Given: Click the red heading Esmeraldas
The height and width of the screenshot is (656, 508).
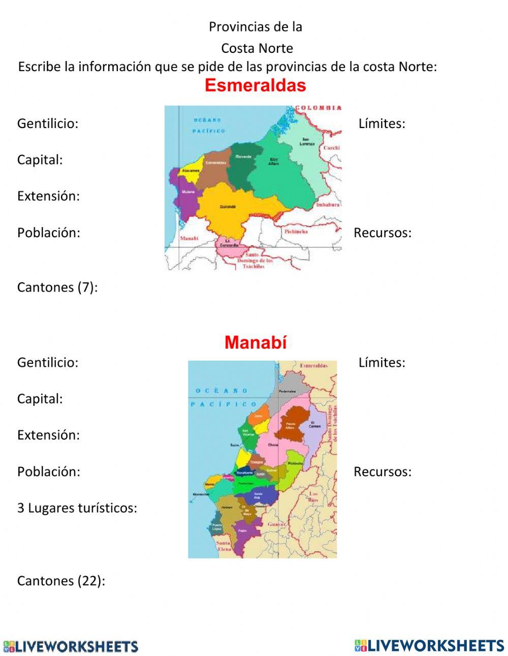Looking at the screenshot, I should [x=255, y=85].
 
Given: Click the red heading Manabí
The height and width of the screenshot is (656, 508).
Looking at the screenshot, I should [x=256, y=342].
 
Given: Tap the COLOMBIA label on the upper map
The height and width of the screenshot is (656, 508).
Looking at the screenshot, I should [x=319, y=108].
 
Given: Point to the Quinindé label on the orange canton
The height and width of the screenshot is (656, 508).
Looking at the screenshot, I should [x=228, y=207].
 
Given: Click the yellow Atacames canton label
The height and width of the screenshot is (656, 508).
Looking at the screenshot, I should [x=191, y=171].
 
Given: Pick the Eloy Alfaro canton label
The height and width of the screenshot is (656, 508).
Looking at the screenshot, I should [x=274, y=161].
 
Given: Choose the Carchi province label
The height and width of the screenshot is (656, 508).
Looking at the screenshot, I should [x=332, y=147].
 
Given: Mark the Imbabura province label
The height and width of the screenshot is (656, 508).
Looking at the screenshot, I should [x=328, y=205].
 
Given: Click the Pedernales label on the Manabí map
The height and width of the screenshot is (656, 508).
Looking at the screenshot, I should [x=287, y=391].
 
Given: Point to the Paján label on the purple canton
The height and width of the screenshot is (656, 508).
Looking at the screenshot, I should [x=242, y=530].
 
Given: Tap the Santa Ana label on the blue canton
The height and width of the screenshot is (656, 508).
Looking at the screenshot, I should [x=258, y=495].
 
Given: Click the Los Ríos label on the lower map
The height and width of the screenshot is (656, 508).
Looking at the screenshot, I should [x=313, y=496].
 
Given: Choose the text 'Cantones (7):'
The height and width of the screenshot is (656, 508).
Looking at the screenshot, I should [x=57, y=287].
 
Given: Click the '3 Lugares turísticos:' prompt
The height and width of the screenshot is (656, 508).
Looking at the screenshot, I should [x=77, y=508].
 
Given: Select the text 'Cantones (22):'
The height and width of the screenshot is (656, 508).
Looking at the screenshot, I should [x=61, y=581].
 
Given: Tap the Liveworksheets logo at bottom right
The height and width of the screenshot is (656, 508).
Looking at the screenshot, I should [x=429, y=645].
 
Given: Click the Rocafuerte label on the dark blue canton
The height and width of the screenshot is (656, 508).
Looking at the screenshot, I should [x=244, y=473].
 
